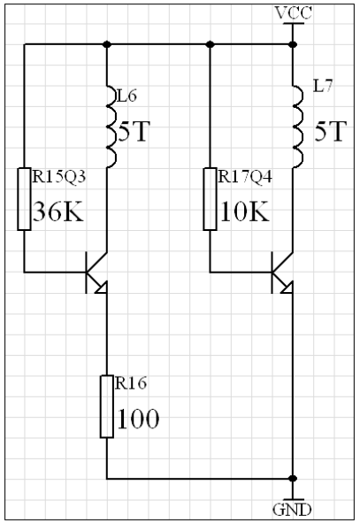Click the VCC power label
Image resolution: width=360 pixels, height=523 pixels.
294,13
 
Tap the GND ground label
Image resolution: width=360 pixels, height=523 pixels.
292,510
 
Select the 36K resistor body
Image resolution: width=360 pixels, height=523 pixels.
24,199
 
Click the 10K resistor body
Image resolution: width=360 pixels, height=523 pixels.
210,199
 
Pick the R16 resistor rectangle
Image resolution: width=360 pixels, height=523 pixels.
107,406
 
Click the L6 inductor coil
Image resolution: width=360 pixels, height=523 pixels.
111,127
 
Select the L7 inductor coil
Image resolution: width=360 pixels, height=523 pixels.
298,127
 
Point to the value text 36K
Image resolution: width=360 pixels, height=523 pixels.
58,212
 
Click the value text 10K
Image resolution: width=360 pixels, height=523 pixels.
244,212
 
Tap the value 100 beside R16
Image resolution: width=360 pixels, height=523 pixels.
138,419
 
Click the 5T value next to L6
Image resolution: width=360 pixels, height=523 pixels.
134,131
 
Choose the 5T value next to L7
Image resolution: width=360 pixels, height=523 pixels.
330,131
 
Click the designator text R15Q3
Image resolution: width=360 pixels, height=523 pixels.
59,176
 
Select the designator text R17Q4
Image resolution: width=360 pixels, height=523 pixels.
245,176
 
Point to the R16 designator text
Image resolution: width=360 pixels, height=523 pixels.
131,383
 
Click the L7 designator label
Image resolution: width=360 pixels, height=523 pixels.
323,87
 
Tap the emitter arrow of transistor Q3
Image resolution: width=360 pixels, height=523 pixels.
102,288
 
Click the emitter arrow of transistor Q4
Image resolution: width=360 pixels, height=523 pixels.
287,288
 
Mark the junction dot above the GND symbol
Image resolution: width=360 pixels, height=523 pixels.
293,479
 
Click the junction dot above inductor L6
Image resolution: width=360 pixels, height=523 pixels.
107,44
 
